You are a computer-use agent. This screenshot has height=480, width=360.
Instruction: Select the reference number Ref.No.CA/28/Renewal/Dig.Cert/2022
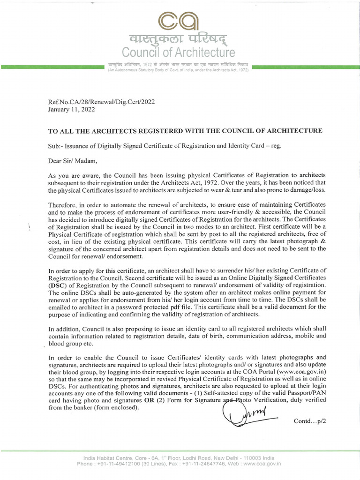[102, 101]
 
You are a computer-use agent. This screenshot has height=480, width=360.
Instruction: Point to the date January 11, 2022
[72, 109]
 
